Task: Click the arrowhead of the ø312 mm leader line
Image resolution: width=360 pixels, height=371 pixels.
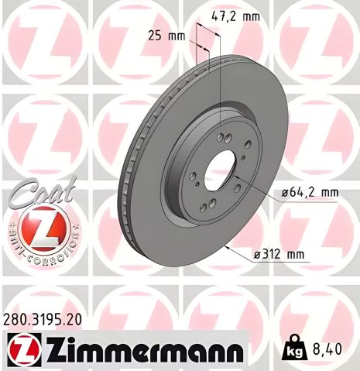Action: [x=226, y=245]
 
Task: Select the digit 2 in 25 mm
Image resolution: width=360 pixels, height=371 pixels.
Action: [x=152, y=36]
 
